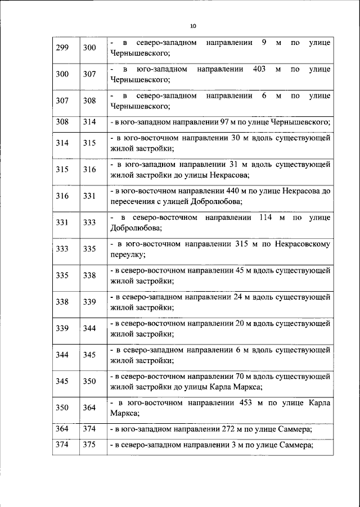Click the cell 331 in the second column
click(89, 196)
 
